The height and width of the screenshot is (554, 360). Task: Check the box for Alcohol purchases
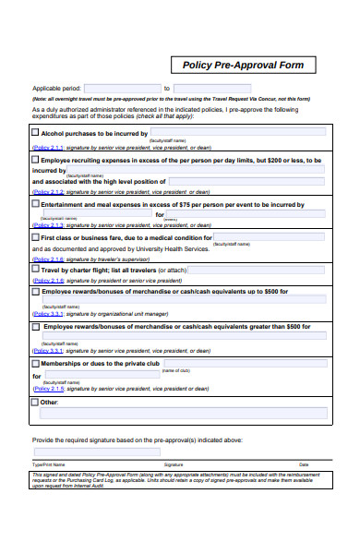coord(36,133)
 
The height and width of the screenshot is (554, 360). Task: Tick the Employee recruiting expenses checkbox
coord(36,160)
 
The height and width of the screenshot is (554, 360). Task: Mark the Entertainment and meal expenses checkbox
coord(36,204)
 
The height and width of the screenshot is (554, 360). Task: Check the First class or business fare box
coord(36,236)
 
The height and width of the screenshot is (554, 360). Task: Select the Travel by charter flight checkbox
coord(36,271)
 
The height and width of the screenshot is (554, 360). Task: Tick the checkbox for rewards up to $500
coord(36,292)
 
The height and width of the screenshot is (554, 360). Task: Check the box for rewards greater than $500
coord(36,327)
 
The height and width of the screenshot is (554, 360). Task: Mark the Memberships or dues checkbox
coord(36,364)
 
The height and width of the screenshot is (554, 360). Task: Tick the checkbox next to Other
coord(36,403)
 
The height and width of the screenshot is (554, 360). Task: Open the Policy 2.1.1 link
coord(48,147)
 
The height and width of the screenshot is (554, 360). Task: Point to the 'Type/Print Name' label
coord(49,464)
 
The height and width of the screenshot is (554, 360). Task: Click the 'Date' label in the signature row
coord(304,464)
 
